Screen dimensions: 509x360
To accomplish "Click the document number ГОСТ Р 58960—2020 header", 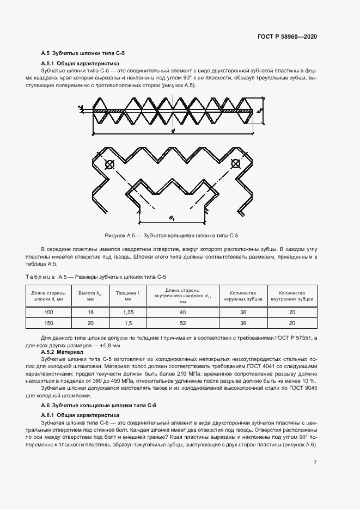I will pyautogui.click(x=286, y=36).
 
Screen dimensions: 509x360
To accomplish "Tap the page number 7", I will pyautogui.click(x=315, y=462).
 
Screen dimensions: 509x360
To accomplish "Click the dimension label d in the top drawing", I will pyautogui.click(x=173, y=132).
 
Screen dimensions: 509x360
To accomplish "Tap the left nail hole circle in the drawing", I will pyautogui.click(x=109, y=164).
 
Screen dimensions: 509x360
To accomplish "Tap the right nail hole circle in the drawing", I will pyautogui.click(x=235, y=163).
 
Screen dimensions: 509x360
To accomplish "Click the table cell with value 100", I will pyautogui.click(x=49, y=312).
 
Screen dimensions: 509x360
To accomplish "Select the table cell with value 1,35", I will pyautogui.click(x=128, y=312).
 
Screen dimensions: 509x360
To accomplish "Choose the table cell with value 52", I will pyautogui.click(x=182, y=323).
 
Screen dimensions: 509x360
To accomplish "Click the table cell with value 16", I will pyautogui.click(x=90, y=312).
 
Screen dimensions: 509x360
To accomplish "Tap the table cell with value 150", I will pyautogui.click(x=49, y=323).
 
